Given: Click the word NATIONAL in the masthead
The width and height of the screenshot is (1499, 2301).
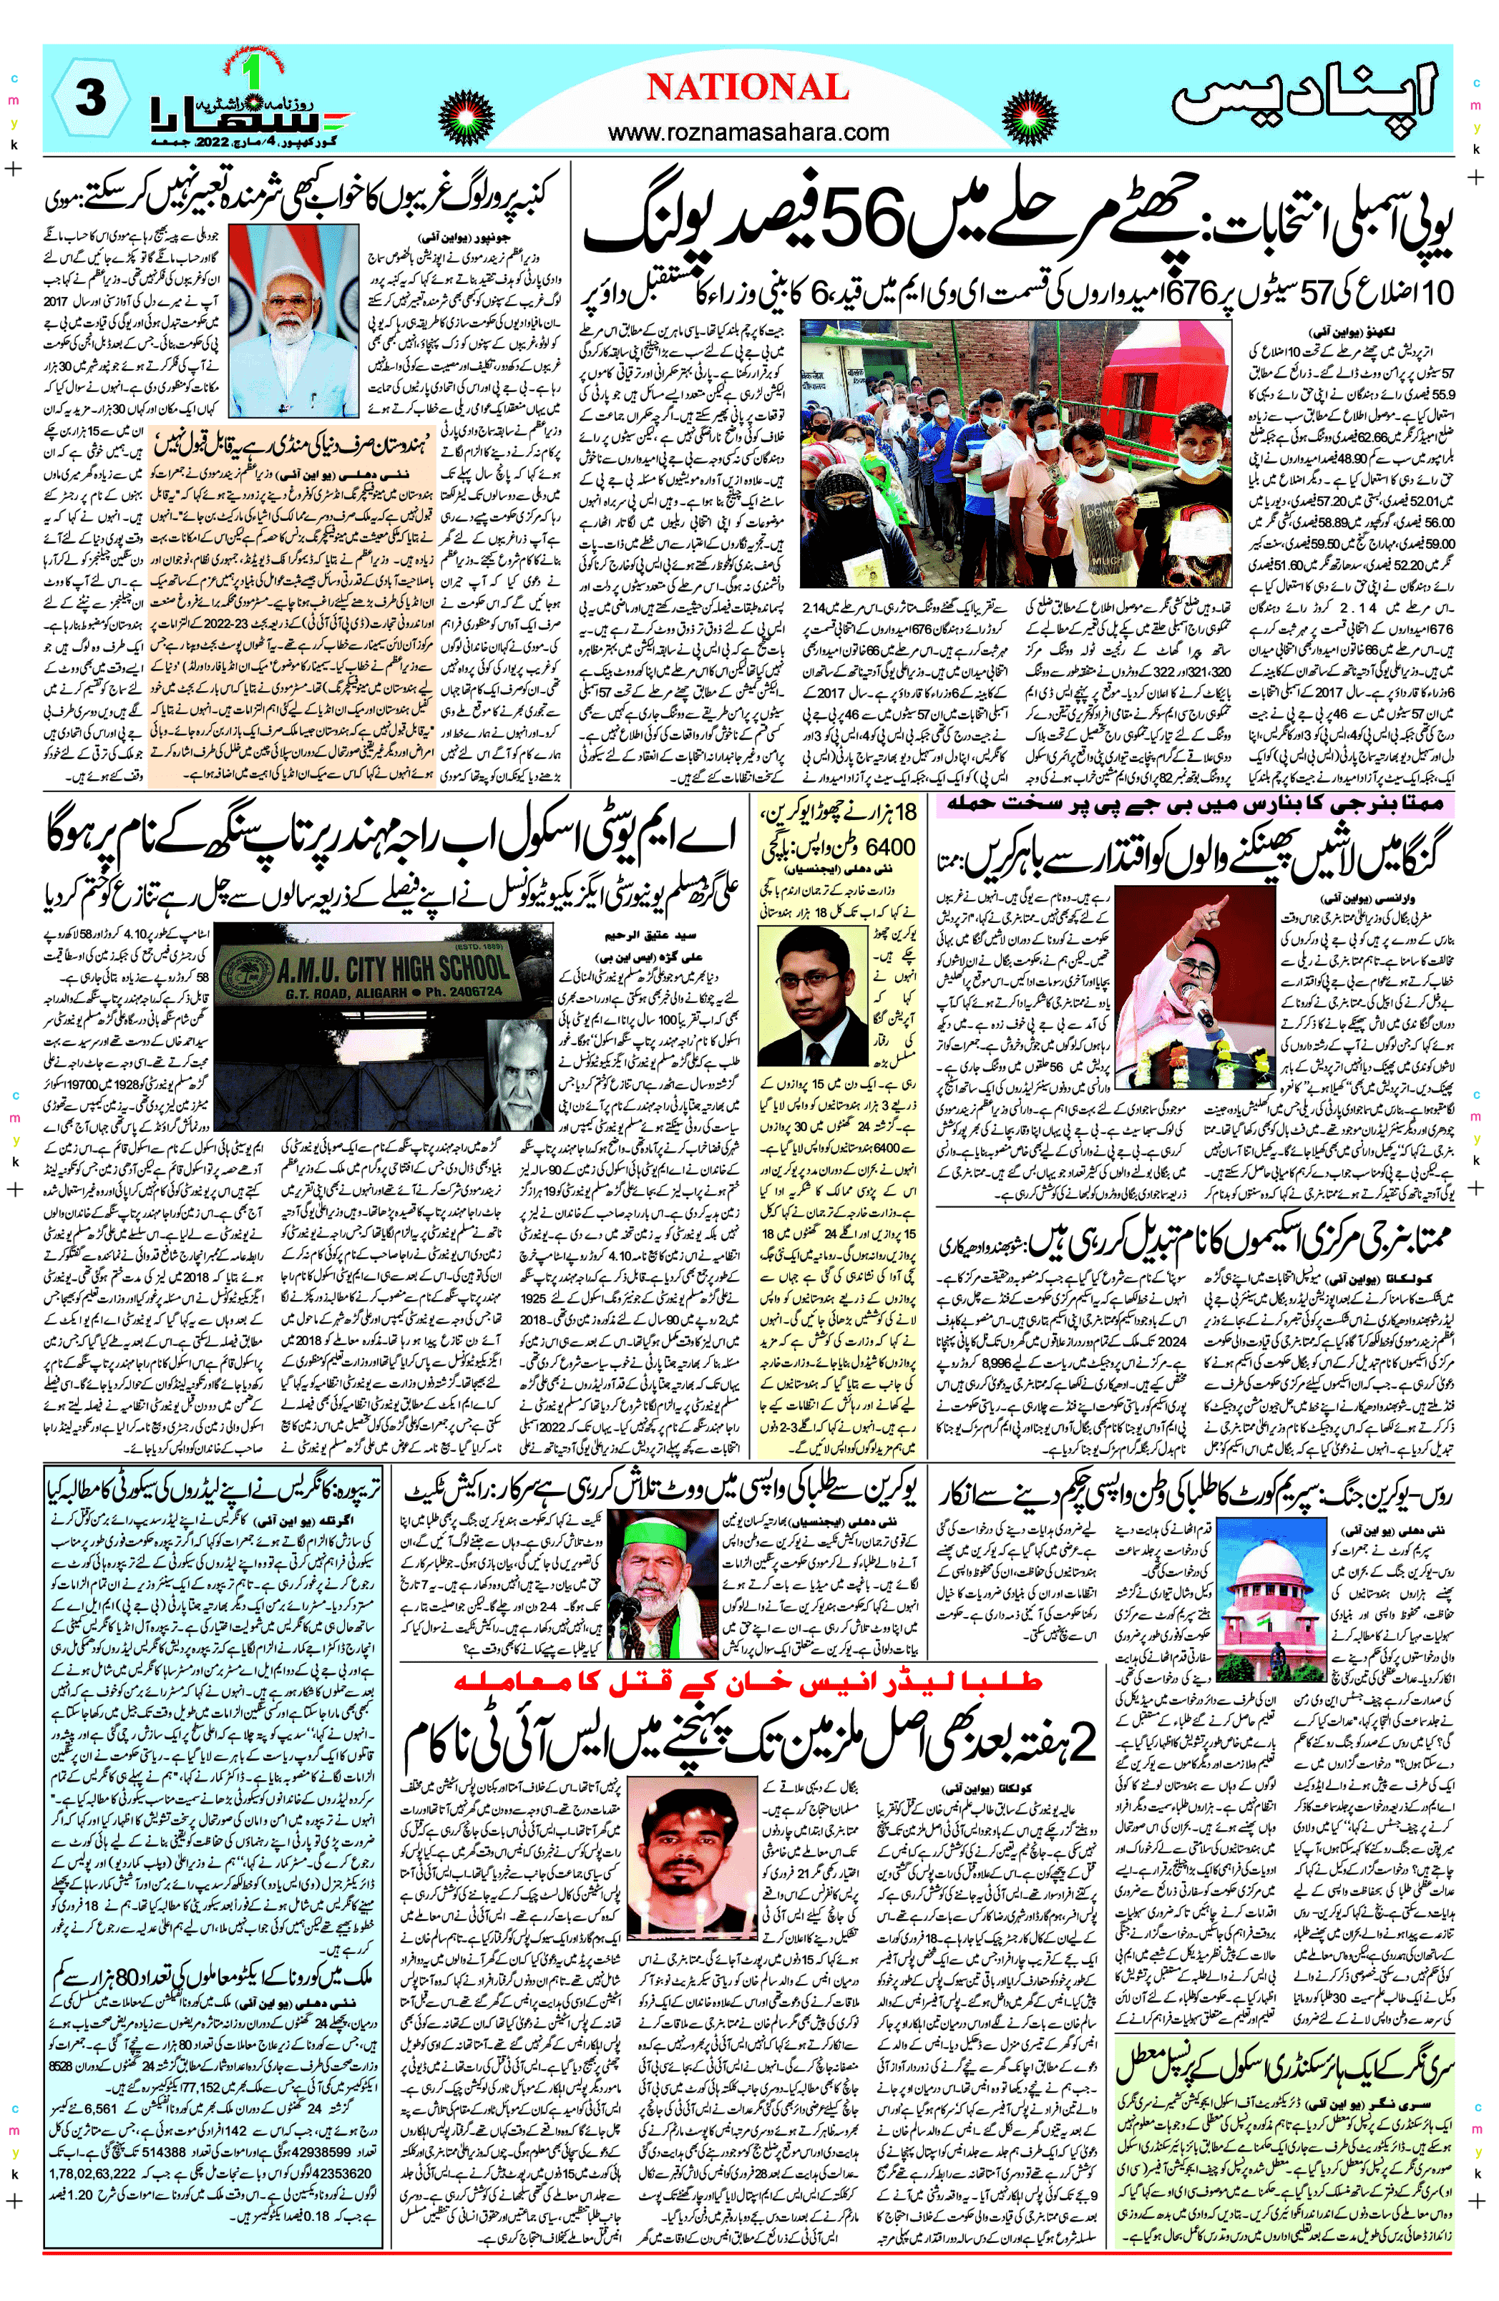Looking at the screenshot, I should click(x=748, y=88).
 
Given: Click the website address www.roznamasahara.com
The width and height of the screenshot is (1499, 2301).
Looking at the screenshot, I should click(x=748, y=132).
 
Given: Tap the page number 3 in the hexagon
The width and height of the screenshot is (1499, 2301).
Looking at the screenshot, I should click(x=91, y=97).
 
